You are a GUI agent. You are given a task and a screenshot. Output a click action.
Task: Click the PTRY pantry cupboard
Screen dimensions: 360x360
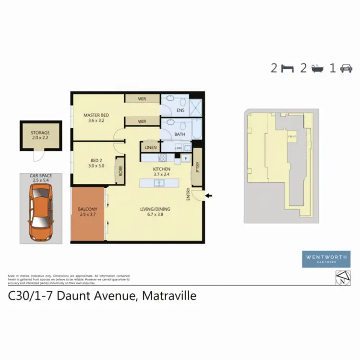pos(197,168)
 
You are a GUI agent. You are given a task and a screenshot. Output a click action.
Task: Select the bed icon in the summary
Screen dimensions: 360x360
pos(287,68)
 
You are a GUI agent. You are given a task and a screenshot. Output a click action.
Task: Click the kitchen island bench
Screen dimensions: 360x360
pos(158,183)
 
